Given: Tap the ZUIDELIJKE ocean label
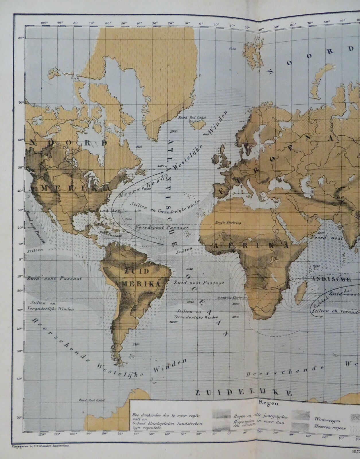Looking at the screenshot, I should tap(243, 393).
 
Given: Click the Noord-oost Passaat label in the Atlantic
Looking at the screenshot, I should tap(162, 227).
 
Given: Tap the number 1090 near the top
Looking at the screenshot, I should tap(233, 49).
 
